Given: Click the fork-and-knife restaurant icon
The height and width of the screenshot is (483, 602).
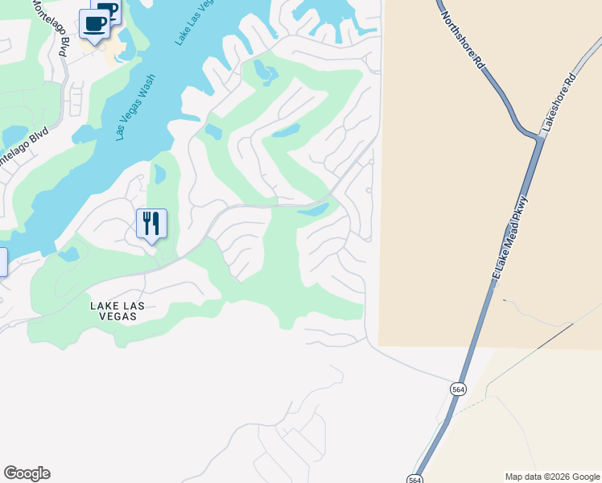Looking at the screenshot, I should pos(150,223).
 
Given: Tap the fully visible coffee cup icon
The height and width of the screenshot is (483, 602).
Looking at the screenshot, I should pos(95,23).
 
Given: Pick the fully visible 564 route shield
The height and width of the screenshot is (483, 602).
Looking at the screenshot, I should pos(458,389).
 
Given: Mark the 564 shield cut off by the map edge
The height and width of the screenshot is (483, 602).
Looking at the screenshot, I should pos(414,478).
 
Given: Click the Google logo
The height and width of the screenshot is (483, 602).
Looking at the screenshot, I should pos(27,473).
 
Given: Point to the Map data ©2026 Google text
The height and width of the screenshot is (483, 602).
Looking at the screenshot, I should pos(552,477).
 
